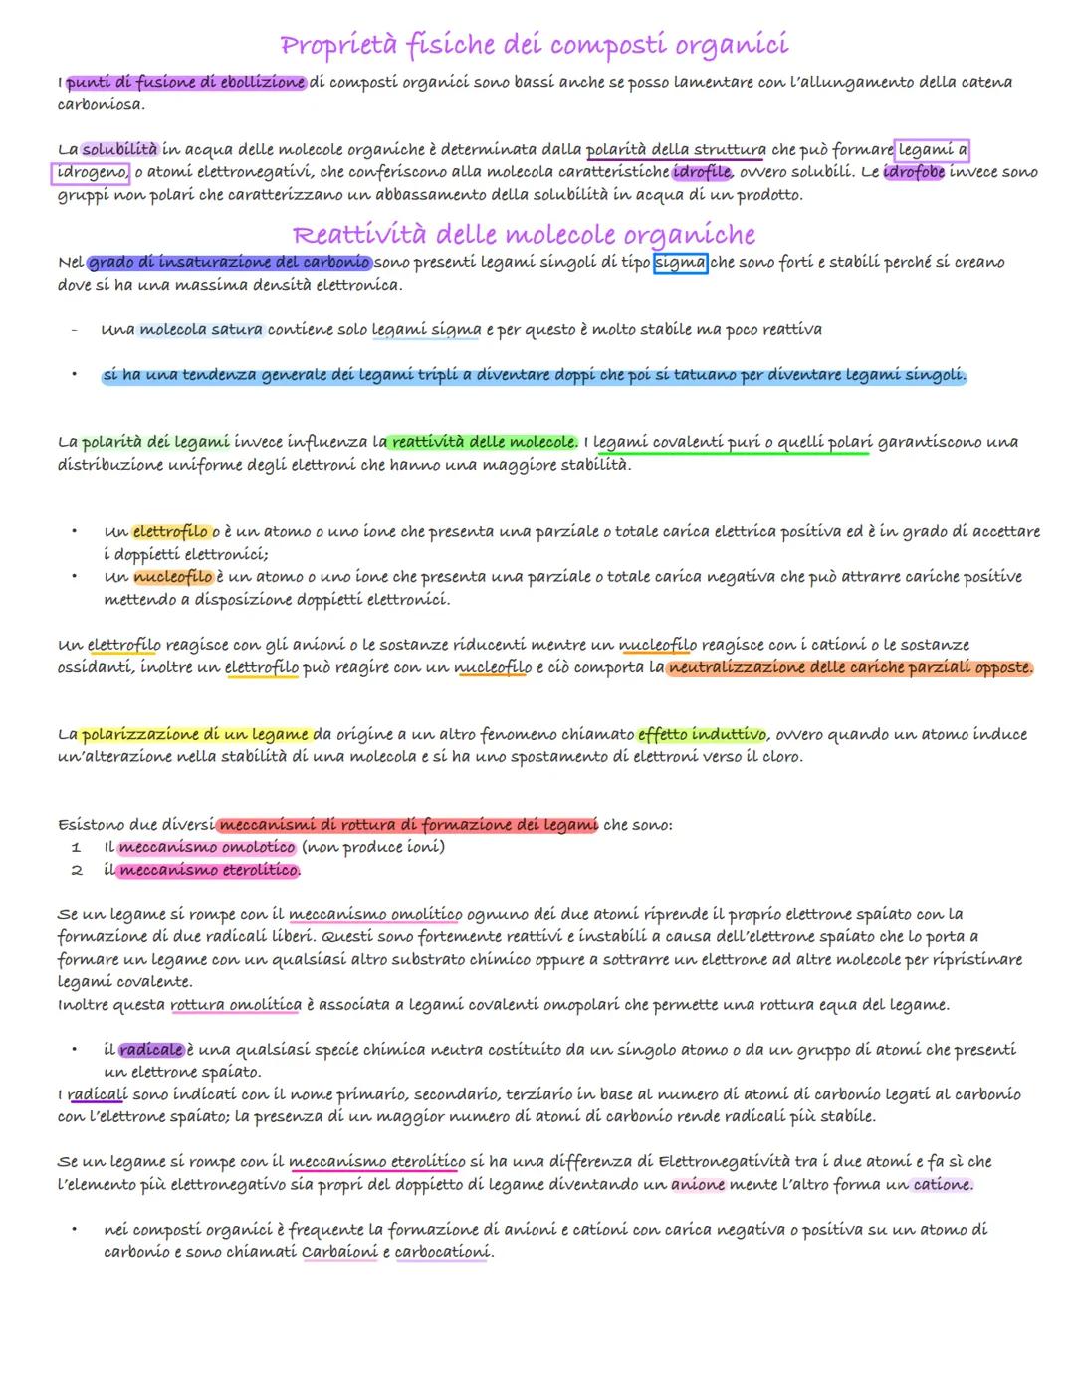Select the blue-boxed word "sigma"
[680, 263]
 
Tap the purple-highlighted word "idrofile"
[702, 172]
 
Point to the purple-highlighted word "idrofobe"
[913, 172]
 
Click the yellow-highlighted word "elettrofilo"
[170, 532]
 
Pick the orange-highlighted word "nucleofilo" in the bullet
[172, 577]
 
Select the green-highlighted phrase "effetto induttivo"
[702, 734]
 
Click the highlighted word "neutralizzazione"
[737, 667]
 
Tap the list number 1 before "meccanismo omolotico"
[76, 848]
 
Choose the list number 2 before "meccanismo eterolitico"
[76, 871]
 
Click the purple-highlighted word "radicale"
[151, 1050]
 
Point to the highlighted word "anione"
[697, 1185]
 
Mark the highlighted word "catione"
[942, 1185]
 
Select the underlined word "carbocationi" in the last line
[442, 1252]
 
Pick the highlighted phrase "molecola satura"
[201, 329]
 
